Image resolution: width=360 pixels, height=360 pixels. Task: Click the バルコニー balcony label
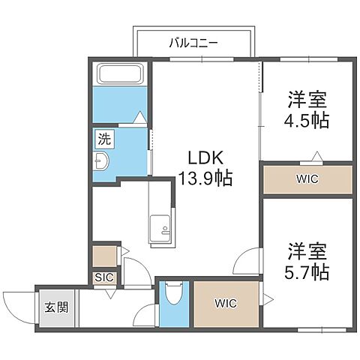[193, 43]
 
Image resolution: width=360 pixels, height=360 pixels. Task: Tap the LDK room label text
[203, 159]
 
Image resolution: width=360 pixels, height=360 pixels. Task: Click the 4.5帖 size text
[307, 120]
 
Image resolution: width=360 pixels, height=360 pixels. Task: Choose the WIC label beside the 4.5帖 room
[307, 180]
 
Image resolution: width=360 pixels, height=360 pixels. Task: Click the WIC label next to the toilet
[225, 304]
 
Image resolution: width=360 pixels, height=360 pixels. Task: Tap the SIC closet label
[103, 277]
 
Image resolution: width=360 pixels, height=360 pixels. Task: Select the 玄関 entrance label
[58, 307]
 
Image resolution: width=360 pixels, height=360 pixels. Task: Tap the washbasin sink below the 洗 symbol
[103, 162]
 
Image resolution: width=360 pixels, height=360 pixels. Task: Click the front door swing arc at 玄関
[16, 304]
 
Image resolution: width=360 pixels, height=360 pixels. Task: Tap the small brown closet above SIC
[103, 255]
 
